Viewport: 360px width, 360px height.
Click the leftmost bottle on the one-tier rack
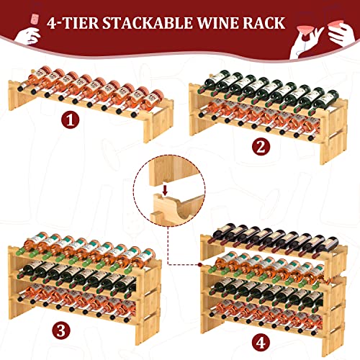click(x=34, y=80)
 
